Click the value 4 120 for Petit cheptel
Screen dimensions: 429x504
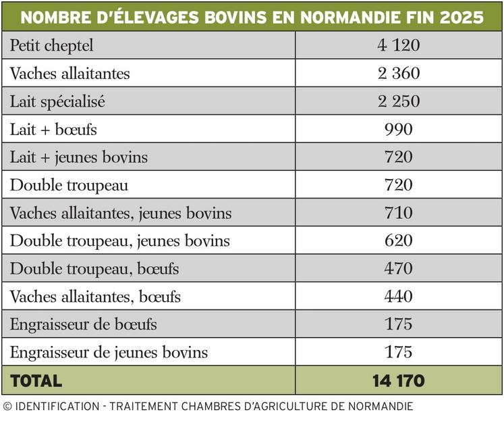[x=399, y=45]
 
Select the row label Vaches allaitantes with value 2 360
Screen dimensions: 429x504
[x=69, y=74]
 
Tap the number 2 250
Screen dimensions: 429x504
[x=399, y=101]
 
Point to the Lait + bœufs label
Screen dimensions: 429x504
[x=53, y=129]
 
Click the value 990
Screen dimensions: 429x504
[x=399, y=129]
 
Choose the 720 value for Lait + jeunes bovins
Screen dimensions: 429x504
[x=399, y=157]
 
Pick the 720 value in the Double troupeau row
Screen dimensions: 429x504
[x=399, y=185]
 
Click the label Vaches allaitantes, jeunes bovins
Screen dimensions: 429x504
[x=121, y=213]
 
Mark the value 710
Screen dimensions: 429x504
[x=399, y=213]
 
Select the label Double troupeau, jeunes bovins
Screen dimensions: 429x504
[x=120, y=241]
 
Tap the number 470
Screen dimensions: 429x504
[x=399, y=269]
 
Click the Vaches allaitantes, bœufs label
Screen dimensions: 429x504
[x=95, y=297]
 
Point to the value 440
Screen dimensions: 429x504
[x=399, y=297]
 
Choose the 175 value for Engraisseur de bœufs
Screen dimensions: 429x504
[x=399, y=324]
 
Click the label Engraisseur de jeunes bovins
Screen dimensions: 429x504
[x=109, y=353]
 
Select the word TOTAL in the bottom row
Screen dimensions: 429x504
[x=36, y=381]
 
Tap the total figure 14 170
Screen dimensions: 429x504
[x=399, y=381]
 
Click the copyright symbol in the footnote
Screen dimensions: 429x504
[x=7, y=407]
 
